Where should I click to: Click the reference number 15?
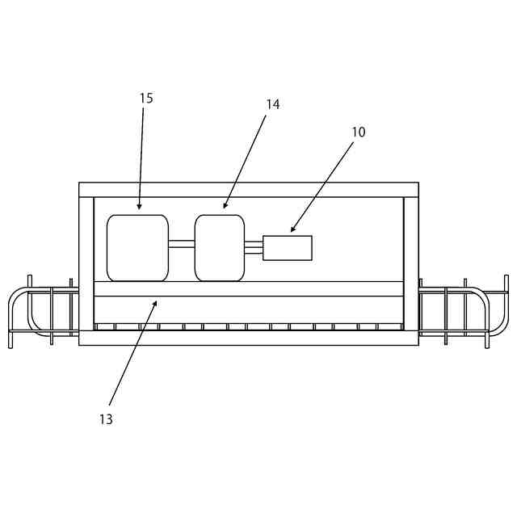[x=146, y=99]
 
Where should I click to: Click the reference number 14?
[x=273, y=104]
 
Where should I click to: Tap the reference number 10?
[x=359, y=132]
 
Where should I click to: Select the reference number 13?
[x=106, y=419]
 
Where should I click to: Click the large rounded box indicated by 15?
[x=137, y=248]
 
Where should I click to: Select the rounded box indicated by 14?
[x=220, y=248]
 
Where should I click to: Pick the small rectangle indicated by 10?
[x=288, y=248]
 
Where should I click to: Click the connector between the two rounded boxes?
[x=182, y=244]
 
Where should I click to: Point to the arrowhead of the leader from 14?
[x=225, y=207]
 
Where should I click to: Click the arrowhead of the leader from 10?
[x=292, y=231]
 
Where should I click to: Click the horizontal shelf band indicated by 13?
[x=249, y=288]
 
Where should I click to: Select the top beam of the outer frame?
[x=249, y=190]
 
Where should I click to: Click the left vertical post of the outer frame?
[x=86, y=267]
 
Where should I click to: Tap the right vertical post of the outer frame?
[x=411, y=267]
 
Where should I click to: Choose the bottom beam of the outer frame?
[x=249, y=338]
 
